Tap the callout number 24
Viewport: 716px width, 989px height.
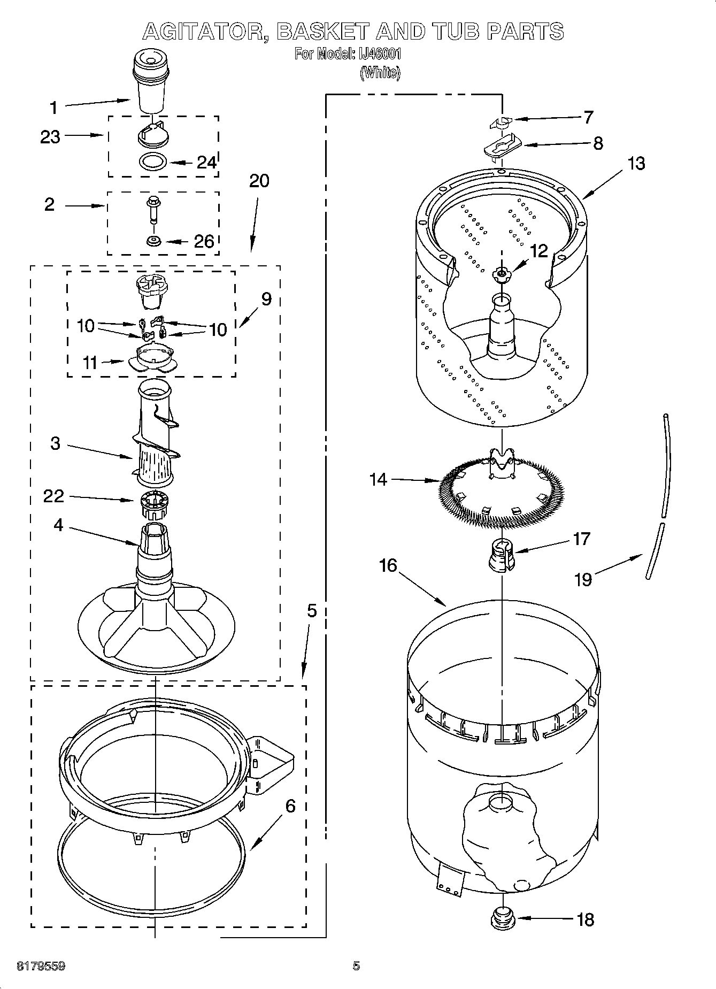(x=206, y=162)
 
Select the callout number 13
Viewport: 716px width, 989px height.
(x=636, y=163)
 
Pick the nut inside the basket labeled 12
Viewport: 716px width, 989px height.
(x=501, y=274)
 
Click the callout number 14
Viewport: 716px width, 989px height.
(x=378, y=479)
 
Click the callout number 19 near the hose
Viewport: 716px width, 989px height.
(x=583, y=579)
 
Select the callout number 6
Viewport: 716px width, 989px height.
(x=290, y=806)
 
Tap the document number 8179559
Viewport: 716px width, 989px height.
(x=41, y=966)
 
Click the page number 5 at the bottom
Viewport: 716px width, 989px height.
(x=356, y=966)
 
